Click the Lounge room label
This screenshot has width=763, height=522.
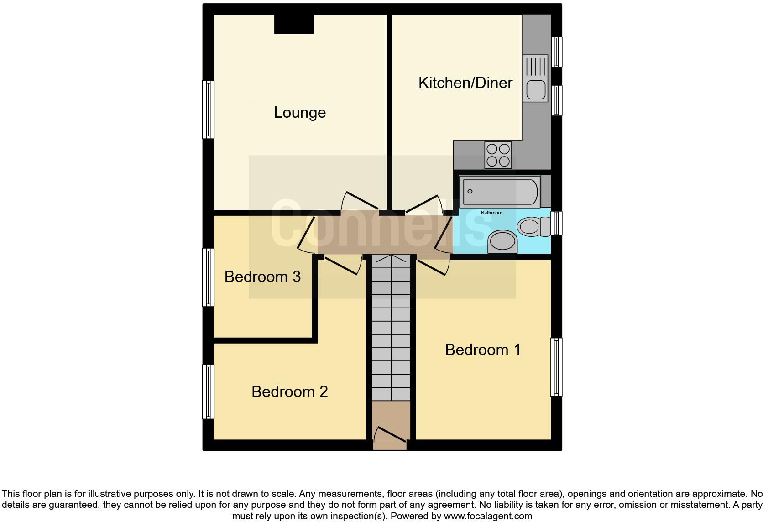300,113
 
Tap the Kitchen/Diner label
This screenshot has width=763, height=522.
465,83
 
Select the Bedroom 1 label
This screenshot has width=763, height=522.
482,350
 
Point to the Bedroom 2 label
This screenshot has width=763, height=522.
289,391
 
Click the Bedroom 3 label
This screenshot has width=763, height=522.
262,277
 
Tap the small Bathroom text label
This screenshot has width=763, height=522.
491,213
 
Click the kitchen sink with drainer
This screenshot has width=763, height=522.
535,78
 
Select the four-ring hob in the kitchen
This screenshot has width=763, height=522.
498,155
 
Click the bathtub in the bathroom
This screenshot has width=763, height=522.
500,192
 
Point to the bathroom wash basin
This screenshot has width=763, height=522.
502,242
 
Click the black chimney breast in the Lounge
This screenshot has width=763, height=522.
293,24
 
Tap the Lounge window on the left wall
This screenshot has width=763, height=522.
208,110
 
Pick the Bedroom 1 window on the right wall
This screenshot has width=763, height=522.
556,367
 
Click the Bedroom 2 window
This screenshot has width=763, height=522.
208,391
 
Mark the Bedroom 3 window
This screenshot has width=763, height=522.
208,277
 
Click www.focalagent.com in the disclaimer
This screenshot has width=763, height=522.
488,517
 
